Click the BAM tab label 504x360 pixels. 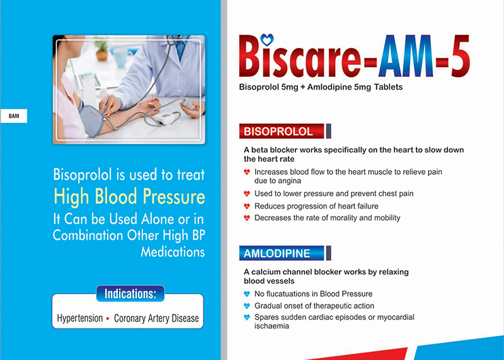14,116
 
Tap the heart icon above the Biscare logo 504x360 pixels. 266,40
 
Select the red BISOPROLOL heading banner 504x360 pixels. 281,131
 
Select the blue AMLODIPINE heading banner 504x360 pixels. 281,253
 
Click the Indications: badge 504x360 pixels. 130,294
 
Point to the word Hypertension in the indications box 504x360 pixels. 80,318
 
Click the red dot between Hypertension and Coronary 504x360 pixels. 108,318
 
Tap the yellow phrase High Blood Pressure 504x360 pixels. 129,196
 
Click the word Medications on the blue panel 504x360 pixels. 173,252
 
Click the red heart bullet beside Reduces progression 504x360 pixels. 247,206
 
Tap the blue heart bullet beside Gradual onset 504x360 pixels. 247,306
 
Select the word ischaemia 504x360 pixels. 272,326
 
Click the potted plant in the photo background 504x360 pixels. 101,49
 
